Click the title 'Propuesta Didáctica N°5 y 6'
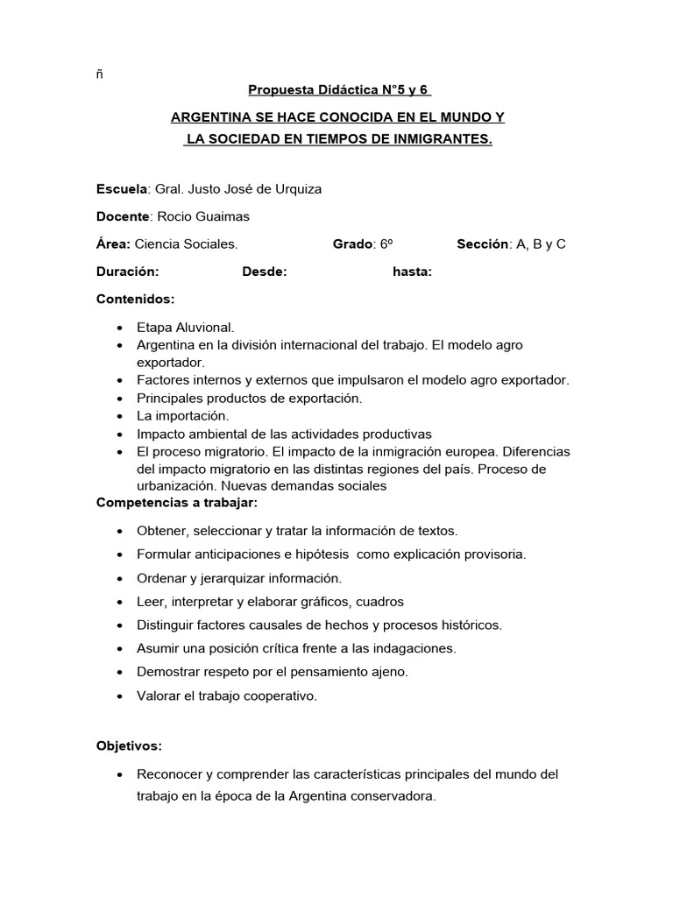click(340, 89)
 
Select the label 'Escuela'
click(123, 189)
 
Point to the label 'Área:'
click(114, 244)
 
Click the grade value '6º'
click(386, 244)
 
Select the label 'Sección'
click(482, 244)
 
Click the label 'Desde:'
click(265, 272)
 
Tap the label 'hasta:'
click(412, 272)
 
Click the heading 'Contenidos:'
click(135, 299)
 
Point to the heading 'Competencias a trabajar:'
click(177, 505)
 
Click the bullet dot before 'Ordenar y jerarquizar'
click(118, 579)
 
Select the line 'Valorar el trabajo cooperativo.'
click(227, 696)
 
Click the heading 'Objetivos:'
click(129, 745)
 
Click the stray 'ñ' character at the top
click(100, 74)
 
